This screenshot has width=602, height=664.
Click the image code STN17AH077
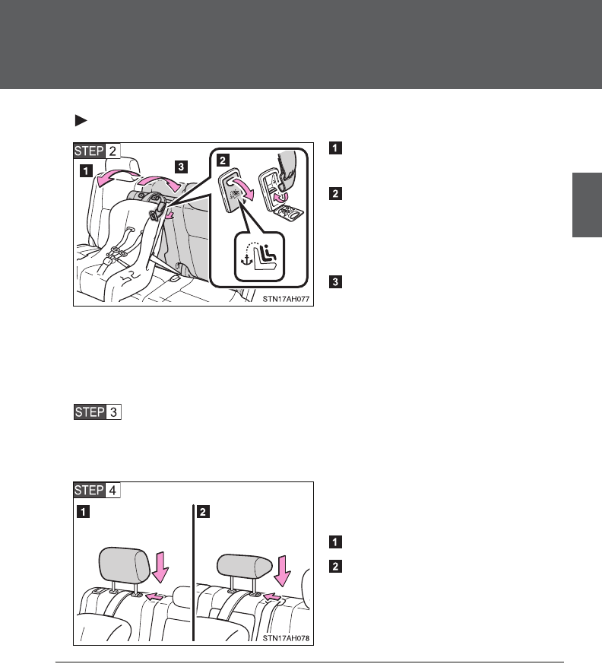[x=284, y=298]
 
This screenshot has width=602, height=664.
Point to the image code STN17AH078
[x=284, y=638]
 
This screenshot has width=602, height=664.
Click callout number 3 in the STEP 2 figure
[x=179, y=165]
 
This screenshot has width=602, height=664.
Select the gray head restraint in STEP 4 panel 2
[x=246, y=565]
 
